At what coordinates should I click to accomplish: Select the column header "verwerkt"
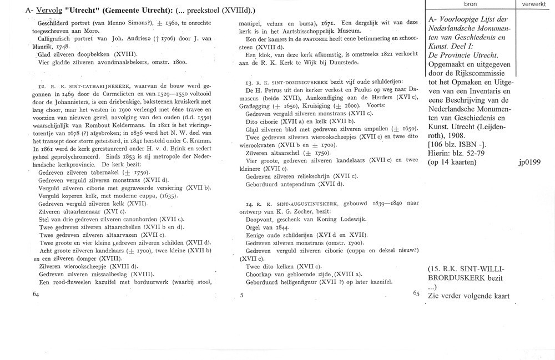pyautogui.click(x=534, y=4)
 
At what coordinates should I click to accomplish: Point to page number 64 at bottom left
pyautogui.click(x=37, y=293)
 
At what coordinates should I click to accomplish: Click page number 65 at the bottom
pyautogui.click(x=417, y=293)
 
